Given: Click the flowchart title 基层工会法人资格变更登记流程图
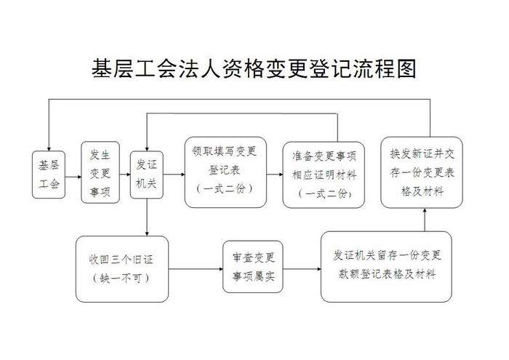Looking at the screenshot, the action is tap(254, 68).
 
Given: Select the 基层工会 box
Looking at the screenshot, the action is tap(49, 175).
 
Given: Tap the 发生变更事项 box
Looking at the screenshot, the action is tap(100, 172).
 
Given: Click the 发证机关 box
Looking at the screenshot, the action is tap(146, 175).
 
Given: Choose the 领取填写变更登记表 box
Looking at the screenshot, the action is tap(225, 172).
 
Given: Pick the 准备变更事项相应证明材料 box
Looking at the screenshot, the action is tap(324, 175).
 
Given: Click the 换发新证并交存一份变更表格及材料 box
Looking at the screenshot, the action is tap(422, 172).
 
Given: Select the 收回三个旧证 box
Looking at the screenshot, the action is tap(122, 269).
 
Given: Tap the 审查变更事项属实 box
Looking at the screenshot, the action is tap(253, 267).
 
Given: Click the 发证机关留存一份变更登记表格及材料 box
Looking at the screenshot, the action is tap(386, 267).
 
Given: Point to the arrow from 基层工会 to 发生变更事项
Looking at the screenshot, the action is tap(73, 177).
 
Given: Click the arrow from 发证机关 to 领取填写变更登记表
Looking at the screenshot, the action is tap(174, 175).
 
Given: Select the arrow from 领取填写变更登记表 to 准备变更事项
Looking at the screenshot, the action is tap(275, 175).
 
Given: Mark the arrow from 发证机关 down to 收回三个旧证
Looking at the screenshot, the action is tap(147, 217).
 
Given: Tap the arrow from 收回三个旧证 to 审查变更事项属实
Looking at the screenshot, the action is tap(196, 269).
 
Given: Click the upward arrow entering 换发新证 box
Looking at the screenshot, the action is tap(425, 220).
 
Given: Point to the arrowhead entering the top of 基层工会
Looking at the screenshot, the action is tap(49, 148).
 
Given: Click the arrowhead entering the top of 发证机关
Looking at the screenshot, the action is tap(147, 148).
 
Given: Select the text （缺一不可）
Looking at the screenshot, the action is tap(121, 279).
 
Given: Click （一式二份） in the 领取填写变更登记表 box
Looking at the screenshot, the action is tap(225, 189).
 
